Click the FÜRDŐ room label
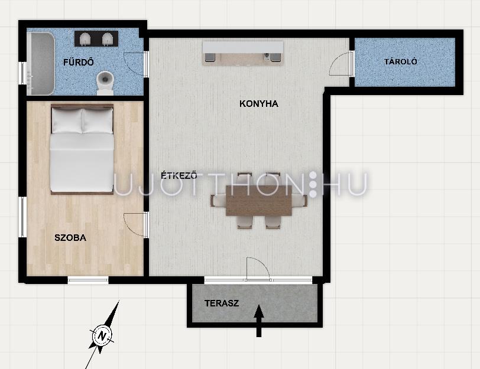(x=79, y=62)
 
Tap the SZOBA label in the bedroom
(x=70, y=237)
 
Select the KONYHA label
(x=259, y=104)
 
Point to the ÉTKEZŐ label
(x=179, y=175)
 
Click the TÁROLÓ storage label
(x=400, y=61)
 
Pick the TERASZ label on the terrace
(x=222, y=303)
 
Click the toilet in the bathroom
(x=105, y=83)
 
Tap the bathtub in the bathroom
(x=41, y=63)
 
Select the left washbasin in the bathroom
(x=85, y=39)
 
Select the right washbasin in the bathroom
(x=108, y=39)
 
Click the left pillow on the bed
(x=67, y=120)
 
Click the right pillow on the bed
(x=98, y=120)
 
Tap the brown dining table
(x=259, y=201)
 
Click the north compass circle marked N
(x=102, y=336)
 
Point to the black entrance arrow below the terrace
(x=259, y=321)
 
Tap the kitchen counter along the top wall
(x=243, y=53)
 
